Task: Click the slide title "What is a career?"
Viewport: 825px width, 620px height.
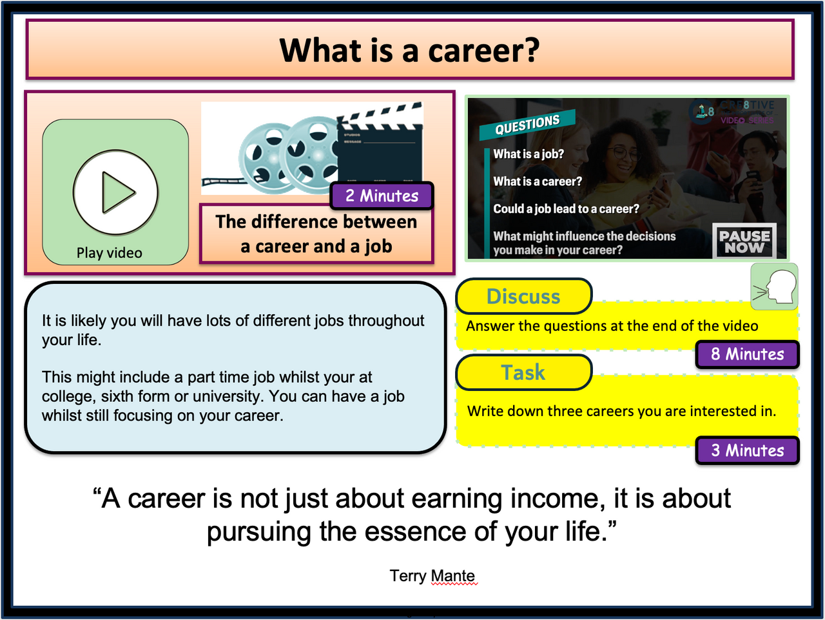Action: point(409,50)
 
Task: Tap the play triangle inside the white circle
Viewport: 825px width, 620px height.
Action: point(117,192)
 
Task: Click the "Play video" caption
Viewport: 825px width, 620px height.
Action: point(109,253)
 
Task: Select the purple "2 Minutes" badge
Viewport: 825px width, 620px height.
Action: point(382,195)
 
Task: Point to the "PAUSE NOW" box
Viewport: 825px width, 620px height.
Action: point(744,241)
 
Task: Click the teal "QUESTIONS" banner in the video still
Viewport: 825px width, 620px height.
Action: point(527,124)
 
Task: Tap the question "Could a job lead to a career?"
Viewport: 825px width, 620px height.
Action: point(566,209)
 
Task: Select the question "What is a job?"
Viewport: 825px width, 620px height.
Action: point(528,154)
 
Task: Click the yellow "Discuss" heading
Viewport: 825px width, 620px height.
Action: point(523,296)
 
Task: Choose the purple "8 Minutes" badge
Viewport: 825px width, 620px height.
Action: point(747,354)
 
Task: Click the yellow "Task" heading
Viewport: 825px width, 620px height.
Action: point(523,372)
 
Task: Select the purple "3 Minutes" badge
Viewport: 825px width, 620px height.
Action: point(747,450)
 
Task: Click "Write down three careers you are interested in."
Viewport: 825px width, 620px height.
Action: point(621,411)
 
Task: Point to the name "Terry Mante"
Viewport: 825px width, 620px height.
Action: point(432,575)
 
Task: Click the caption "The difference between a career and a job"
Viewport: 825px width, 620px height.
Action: point(316,234)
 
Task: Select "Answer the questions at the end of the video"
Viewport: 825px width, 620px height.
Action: point(612,326)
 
